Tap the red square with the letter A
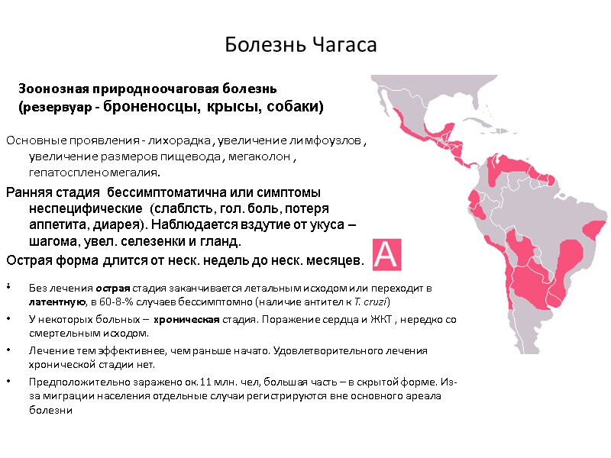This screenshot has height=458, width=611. pos(386,252)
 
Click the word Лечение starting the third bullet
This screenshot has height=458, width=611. pos(49,350)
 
